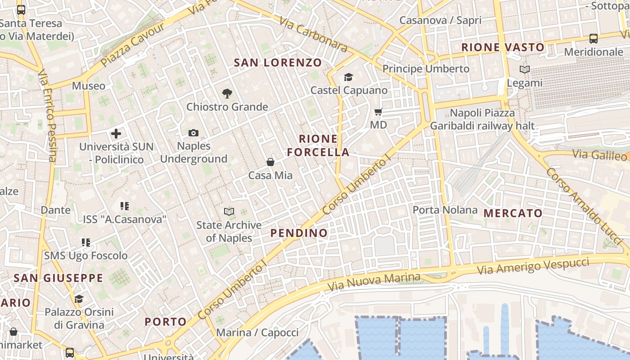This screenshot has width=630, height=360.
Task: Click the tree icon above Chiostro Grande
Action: [227, 94]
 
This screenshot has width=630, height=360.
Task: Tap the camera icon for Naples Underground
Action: [193, 133]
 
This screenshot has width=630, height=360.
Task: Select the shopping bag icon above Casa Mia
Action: [270, 162]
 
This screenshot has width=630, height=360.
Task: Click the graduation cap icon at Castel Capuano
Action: [349, 77]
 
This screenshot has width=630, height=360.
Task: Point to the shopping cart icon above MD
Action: [378, 112]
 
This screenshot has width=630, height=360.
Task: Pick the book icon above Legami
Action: [525, 69]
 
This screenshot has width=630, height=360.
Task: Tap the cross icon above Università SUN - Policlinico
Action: [116, 134]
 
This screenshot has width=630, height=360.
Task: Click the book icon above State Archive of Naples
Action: [229, 211]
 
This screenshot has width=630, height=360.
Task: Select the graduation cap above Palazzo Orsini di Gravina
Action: [79, 299]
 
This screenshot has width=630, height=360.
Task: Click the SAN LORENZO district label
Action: [278, 63]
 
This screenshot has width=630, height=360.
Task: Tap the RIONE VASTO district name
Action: [503, 47]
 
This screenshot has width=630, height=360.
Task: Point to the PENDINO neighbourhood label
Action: [299, 233]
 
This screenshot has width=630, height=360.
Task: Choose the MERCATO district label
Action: [513, 213]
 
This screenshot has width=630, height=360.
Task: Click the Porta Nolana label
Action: [445, 210]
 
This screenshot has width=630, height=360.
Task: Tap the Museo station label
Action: [89, 86]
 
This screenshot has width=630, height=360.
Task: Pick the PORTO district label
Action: [166, 322]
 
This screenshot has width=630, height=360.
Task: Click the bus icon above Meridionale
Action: [594, 39]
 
